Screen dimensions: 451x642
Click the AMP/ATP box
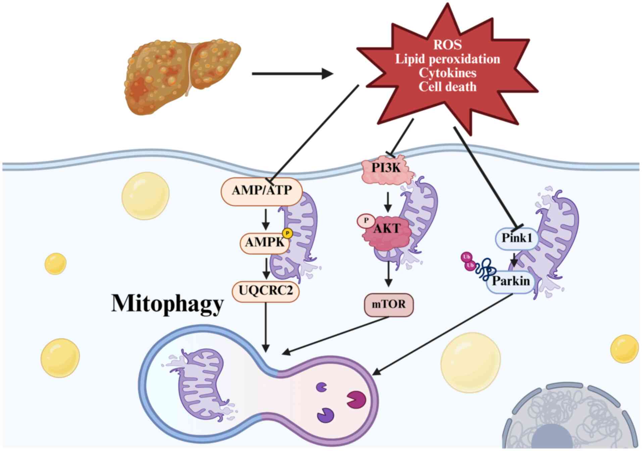pos(262,191)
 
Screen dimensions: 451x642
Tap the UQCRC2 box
pos(266,290)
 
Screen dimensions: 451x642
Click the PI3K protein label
pos(386,168)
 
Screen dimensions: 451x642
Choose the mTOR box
pos(389,305)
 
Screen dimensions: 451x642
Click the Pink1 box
pos(517,238)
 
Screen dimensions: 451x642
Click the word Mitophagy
pos(167,304)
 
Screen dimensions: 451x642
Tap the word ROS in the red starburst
pos(447,45)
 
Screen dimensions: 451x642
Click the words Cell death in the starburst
pos(447,87)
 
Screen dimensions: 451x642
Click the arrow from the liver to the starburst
pos(292,73)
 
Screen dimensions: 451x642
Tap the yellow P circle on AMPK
pos(288,233)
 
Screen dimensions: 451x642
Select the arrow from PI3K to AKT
pos(388,202)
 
